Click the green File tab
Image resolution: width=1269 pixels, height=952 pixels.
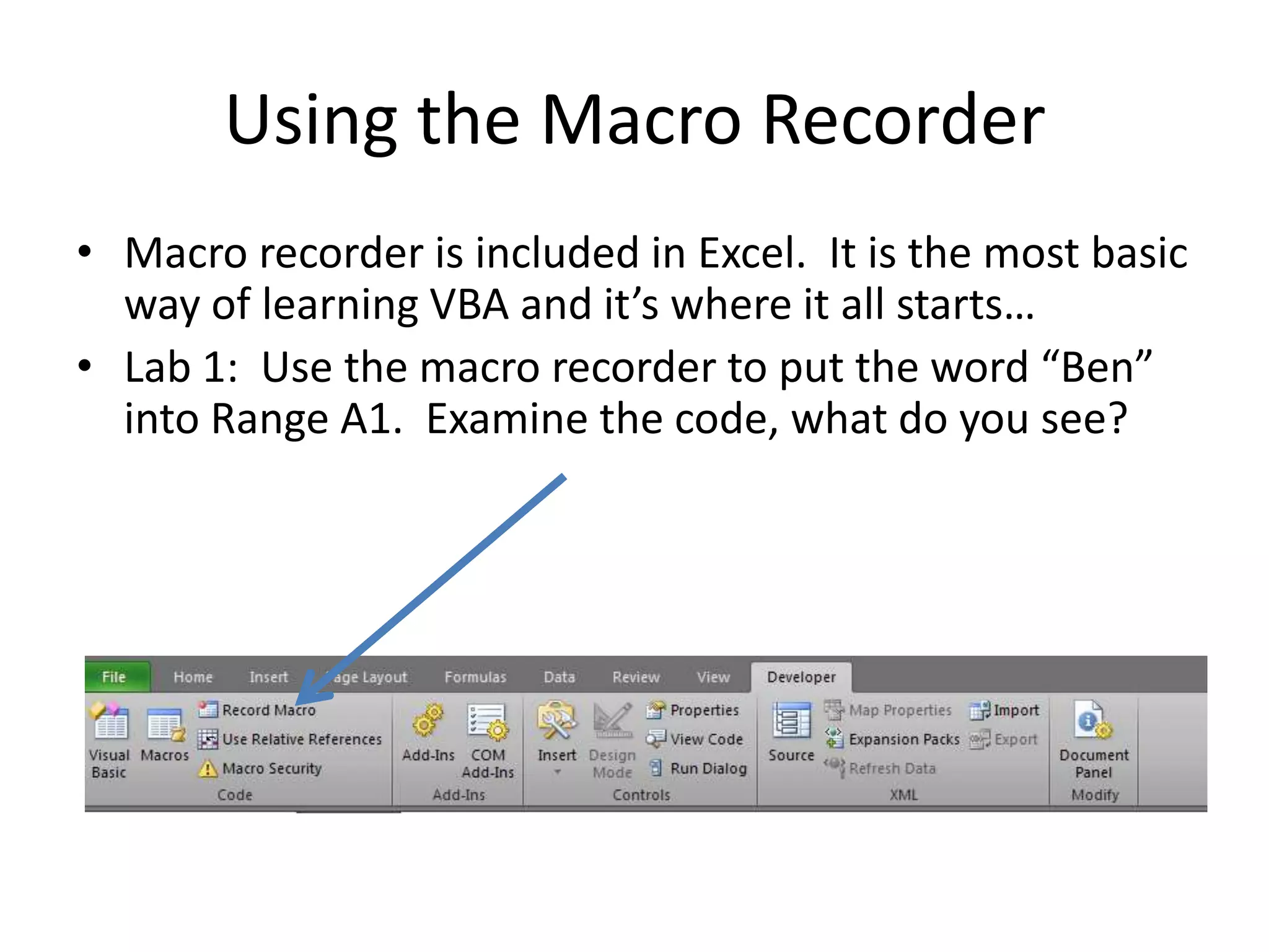click(115, 677)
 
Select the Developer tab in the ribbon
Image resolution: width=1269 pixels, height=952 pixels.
click(801, 677)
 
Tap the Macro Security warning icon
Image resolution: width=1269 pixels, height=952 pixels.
click(208, 769)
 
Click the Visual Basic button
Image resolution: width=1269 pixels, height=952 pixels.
click(110, 738)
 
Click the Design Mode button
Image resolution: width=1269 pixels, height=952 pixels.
click(612, 738)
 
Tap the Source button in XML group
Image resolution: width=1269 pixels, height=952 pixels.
click(791, 731)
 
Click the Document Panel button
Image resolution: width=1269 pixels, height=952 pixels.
click(1094, 738)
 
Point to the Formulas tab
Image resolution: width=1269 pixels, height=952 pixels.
click(475, 677)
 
